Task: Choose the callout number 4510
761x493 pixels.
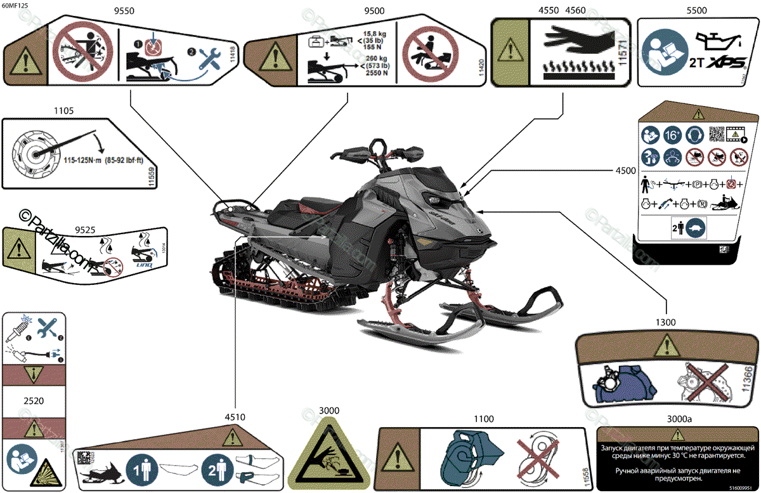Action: [235, 417]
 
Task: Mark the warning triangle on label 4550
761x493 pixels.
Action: [510, 49]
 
